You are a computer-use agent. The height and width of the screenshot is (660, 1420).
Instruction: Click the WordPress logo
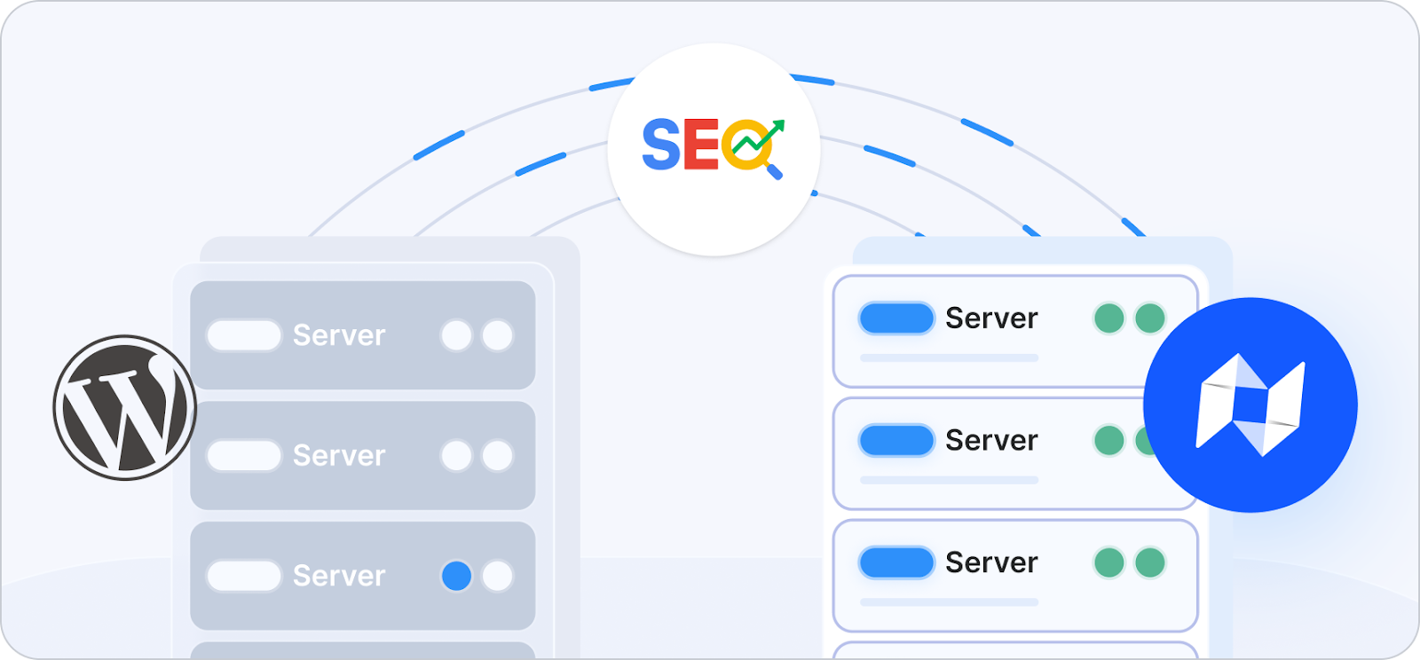point(124,407)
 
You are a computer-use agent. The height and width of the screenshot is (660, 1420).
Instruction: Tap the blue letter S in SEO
point(660,145)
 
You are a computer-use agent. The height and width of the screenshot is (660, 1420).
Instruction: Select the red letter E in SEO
point(700,145)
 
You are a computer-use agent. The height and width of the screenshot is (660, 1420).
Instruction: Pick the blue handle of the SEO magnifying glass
point(774,170)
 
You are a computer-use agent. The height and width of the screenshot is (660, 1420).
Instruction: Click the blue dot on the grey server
point(456,576)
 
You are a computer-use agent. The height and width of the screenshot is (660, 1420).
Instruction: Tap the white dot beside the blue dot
point(497,576)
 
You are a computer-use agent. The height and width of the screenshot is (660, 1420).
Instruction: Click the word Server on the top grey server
point(339,335)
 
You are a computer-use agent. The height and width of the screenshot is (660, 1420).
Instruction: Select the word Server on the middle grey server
point(339,456)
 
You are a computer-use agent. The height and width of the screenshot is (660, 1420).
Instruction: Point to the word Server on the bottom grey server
point(339,576)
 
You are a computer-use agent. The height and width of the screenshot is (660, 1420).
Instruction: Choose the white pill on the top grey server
point(244,335)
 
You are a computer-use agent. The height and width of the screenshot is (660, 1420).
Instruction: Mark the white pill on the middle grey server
point(244,456)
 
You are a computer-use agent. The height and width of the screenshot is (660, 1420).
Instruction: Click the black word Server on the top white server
point(991,318)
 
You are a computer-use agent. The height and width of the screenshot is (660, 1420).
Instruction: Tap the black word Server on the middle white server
point(991,440)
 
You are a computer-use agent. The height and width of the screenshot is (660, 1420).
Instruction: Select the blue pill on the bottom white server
point(896,562)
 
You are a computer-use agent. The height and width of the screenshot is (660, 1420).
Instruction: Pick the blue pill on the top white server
point(896,318)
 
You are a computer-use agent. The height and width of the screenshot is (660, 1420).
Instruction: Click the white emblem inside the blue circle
point(1250,405)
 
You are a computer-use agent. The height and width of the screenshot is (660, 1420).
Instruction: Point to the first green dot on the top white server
point(1108,318)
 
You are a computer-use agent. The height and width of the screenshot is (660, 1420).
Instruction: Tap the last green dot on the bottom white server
point(1150,562)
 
